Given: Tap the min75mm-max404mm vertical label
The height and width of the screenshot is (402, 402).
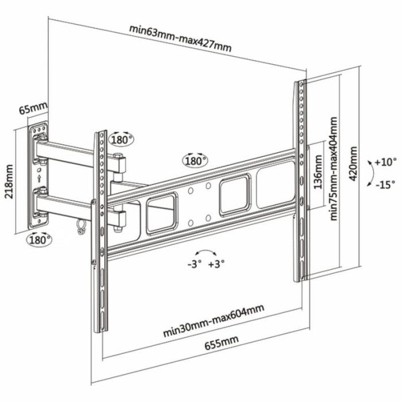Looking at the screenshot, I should click(x=334, y=167).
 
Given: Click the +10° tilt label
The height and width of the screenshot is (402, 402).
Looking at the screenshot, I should click(x=385, y=162).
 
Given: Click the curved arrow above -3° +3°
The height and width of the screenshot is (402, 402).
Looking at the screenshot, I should click(x=206, y=253).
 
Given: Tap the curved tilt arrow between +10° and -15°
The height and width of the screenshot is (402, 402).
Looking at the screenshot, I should click(x=368, y=173).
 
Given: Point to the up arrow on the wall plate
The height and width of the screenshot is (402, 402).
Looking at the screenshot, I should click(x=40, y=171).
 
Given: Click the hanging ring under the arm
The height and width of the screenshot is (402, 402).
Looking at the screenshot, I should click(x=79, y=226).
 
